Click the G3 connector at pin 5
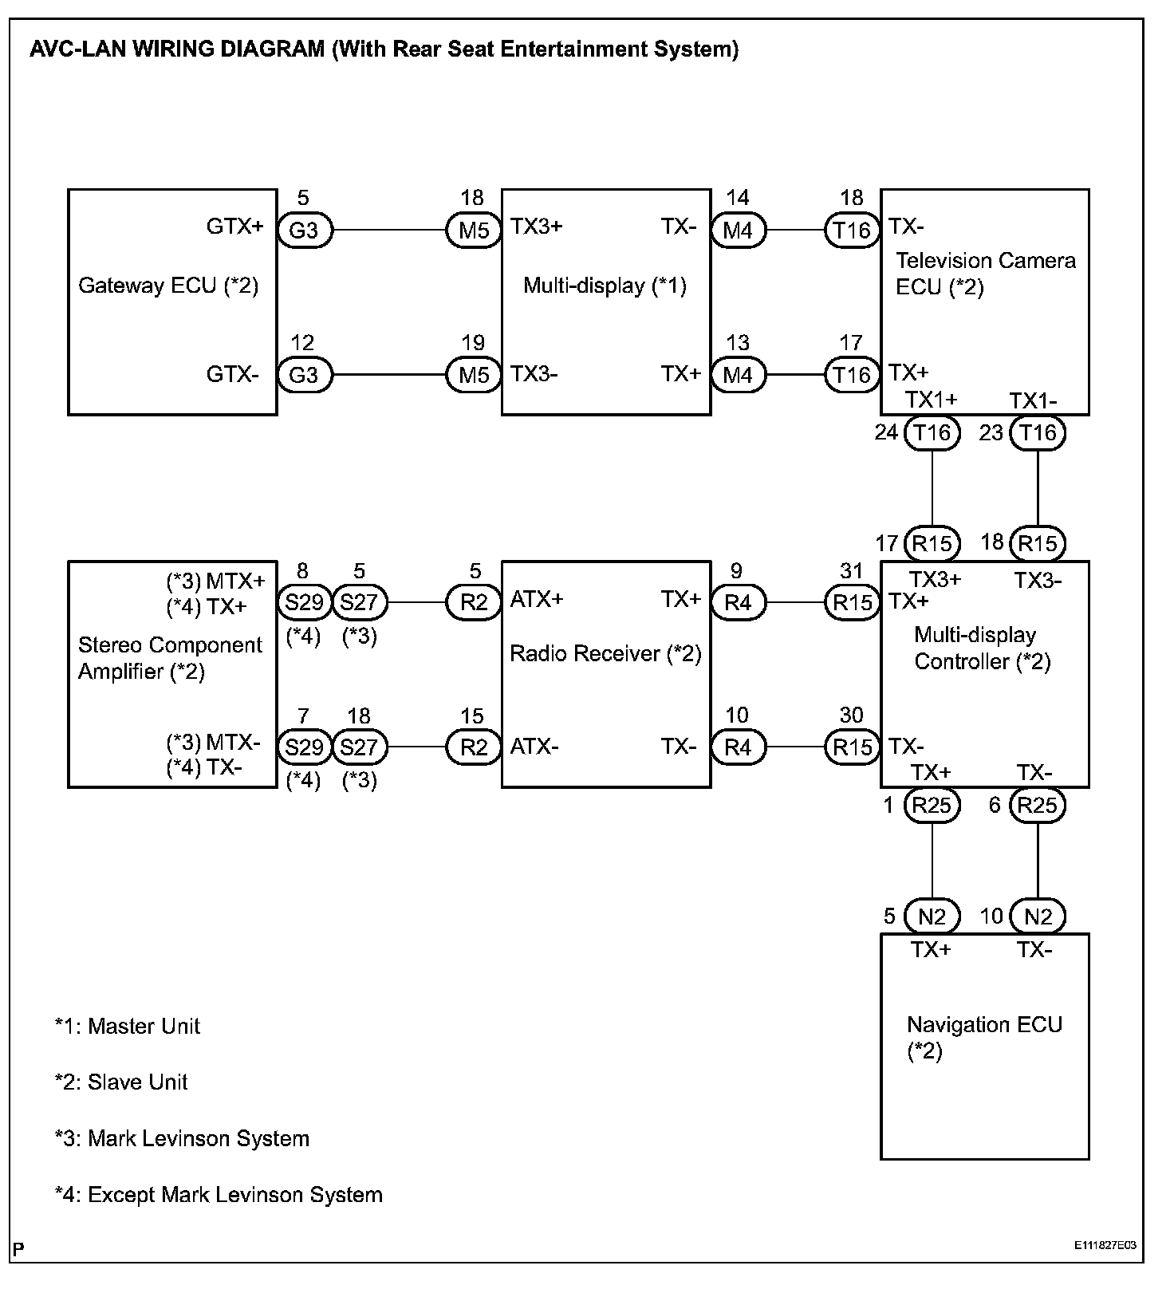pyautogui.click(x=304, y=231)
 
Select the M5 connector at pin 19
pyautogui.click(x=474, y=375)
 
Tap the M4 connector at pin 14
pyautogui.click(x=738, y=231)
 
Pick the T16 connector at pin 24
pyautogui.click(x=932, y=433)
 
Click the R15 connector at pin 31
pyautogui.click(x=852, y=602)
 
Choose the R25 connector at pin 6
pyautogui.click(x=1037, y=805)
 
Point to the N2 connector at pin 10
pyautogui.click(x=1037, y=916)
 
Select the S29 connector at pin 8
pyautogui.click(x=304, y=602)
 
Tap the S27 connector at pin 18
pyautogui.click(x=359, y=747)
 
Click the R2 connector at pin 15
pyautogui.click(x=474, y=747)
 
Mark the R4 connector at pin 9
pyautogui.click(x=738, y=602)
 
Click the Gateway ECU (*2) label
pyautogui.click(x=168, y=286)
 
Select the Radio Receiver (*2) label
pyautogui.click(x=605, y=654)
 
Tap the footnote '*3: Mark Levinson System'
pyautogui.click(x=182, y=1138)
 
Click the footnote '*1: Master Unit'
pyautogui.click(x=128, y=1026)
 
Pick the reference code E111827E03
pyautogui.click(x=1104, y=1246)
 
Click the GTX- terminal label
pyautogui.click(x=232, y=374)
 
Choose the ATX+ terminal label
pyautogui.click(x=536, y=599)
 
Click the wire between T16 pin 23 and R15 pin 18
pyautogui.click(x=1037, y=488)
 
